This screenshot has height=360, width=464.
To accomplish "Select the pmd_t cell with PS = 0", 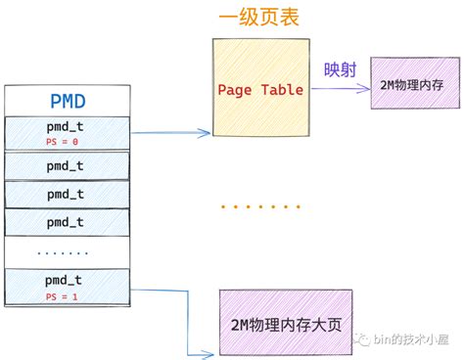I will point(67,133).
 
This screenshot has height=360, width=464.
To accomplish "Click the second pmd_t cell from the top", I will point(67,164).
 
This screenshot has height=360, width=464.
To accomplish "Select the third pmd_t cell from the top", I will point(67,194).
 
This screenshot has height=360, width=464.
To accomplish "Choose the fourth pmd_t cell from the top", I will point(67,222).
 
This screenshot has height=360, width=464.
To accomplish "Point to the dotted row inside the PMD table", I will point(67,252).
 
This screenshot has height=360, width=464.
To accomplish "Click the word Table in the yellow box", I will point(282,90).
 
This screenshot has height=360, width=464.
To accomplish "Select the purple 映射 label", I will point(339,70).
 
